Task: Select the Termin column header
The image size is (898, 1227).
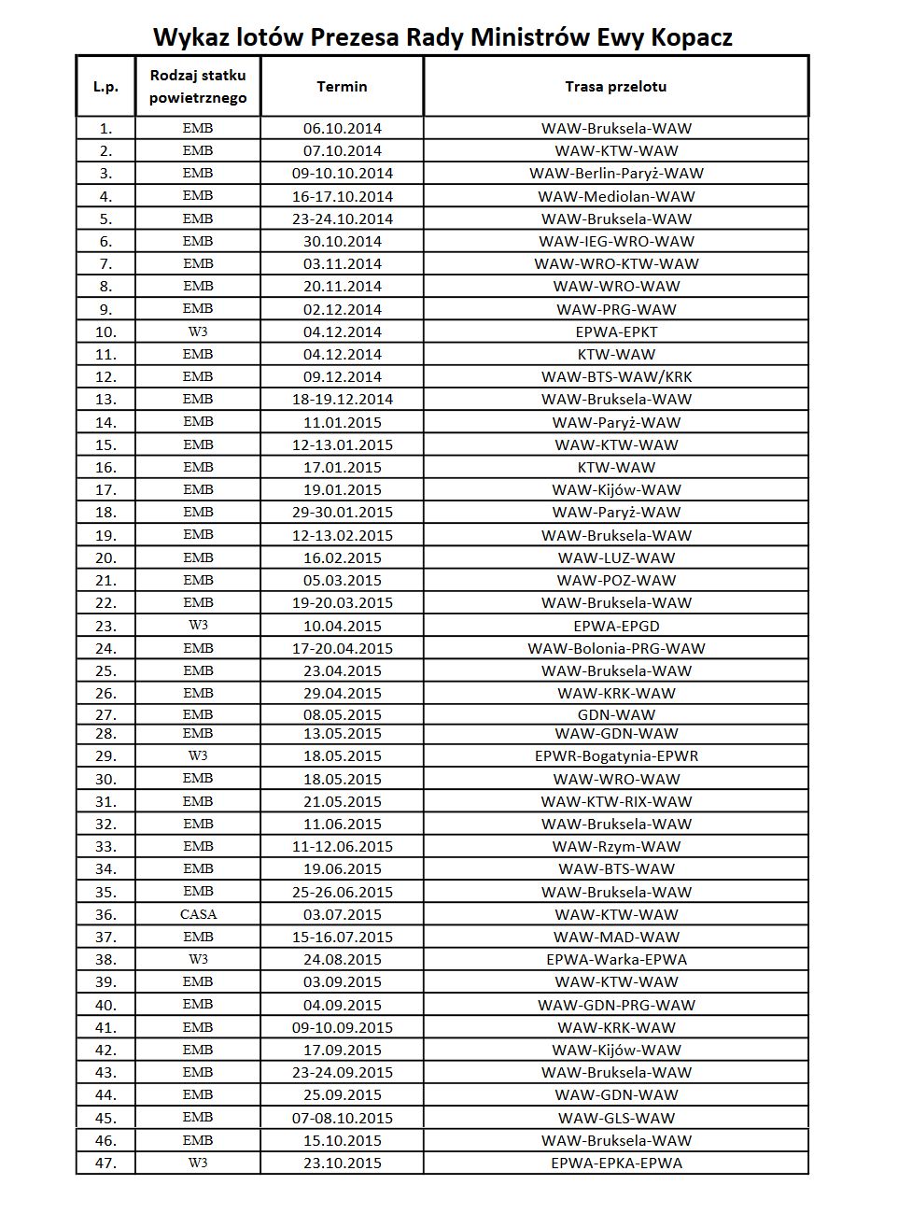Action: click(342, 87)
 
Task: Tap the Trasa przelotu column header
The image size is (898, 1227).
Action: click(615, 87)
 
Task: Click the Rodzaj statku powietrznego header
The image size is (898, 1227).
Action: click(198, 86)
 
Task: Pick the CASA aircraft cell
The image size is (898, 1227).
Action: click(198, 914)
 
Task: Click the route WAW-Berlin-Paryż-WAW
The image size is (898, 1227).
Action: click(616, 174)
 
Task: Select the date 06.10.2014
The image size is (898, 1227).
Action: click(342, 128)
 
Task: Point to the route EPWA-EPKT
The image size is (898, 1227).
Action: click(616, 331)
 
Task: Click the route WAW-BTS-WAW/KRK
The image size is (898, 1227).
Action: click(616, 376)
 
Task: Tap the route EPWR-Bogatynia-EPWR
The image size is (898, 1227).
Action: click(616, 756)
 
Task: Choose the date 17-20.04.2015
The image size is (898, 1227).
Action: click(342, 648)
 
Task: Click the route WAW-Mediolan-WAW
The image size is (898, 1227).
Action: click(616, 196)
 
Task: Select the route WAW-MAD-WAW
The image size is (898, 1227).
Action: click(616, 937)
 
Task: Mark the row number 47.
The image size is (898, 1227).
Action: click(105, 1163)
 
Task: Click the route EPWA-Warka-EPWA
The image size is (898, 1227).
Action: click(616, 959)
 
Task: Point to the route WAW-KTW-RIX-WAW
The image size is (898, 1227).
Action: click(616, 801)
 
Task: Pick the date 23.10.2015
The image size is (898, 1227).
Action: click(342, 1163)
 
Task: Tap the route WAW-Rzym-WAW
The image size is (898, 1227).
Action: click(616, 846)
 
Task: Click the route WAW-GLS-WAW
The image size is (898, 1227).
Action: click(616, 1118)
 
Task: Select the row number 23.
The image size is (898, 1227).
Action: click(105, 626)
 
